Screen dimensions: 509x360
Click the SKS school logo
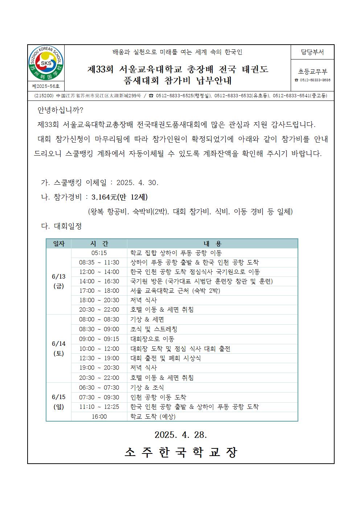click(x=46, y=64)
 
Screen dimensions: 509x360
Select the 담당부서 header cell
click(x=312, y=52)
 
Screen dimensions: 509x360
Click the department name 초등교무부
click(x=312, y=72)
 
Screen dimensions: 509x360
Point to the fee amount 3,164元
click(x=104, y=197)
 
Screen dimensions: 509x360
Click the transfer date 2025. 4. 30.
click(x=138, y=182)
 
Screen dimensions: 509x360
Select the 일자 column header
click(x=58, y=244)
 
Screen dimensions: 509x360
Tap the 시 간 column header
click(x=99, y=244)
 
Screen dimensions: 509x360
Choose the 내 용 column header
click(x=212, y=244)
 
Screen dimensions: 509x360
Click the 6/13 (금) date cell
click(x=58, y=281)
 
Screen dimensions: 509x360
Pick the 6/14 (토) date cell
click(x=58, y=348)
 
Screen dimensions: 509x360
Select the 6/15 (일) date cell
click(x=58, y=402)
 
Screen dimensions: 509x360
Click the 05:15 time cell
click(x=99, y=253)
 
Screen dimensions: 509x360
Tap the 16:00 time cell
click(x=99, y=416)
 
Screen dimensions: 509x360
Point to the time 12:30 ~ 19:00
click(x=99, y=358)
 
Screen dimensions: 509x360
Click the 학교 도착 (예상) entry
click(x=153, y=416)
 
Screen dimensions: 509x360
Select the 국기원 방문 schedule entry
click(x=201, y=281)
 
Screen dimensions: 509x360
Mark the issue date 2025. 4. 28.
click(x=181, y=435)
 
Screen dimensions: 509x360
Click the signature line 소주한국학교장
click(x=181, y=452)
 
